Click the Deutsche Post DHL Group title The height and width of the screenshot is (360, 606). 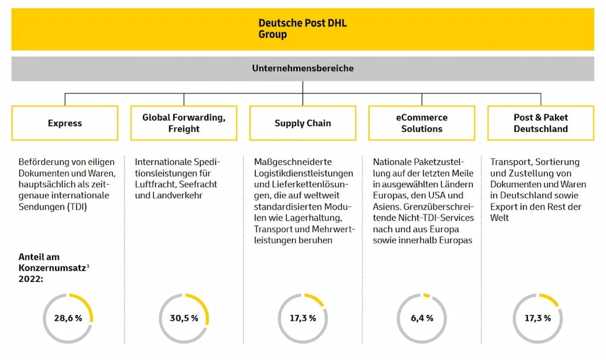pos(302,28)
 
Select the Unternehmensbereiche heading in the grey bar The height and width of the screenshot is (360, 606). pos(302,68)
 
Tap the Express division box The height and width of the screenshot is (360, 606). pos(65,123)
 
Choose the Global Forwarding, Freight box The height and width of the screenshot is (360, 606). pos(184,123)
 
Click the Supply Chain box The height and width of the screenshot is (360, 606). pos(302,123)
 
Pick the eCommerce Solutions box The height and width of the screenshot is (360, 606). pos(422,123)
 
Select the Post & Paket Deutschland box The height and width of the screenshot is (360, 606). pos(541,123)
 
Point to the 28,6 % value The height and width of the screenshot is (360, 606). pos(68,318)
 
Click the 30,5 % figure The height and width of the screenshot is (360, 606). pos(184,318)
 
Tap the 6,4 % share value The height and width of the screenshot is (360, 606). pos(422,318)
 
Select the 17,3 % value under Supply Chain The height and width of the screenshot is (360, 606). pos(303,318)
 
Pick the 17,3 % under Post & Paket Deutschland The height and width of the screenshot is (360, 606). pos(538,318)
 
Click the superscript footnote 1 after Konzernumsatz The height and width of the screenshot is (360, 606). pos(88,265)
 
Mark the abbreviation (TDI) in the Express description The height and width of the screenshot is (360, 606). pos(78,207)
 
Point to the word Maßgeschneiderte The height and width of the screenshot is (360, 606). pos(293,162)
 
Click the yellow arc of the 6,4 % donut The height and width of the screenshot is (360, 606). pos(426,296)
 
